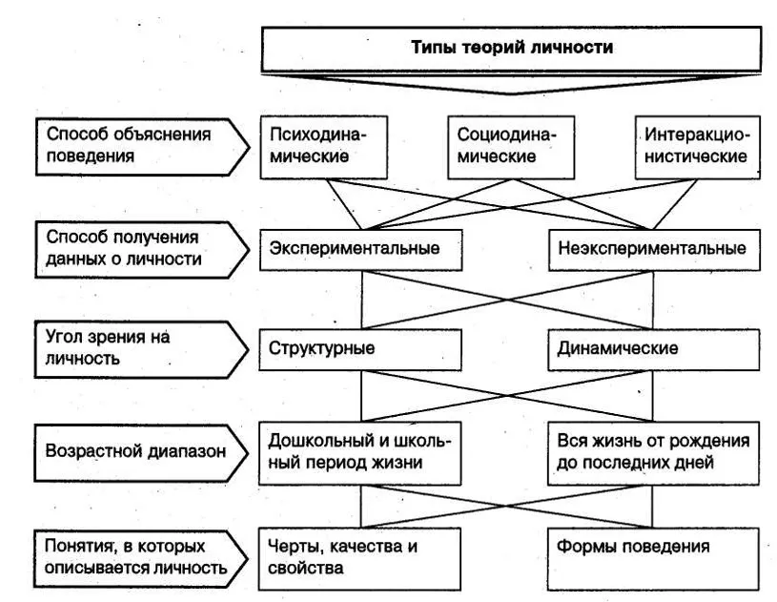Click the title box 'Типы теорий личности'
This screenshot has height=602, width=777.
click(511, 48)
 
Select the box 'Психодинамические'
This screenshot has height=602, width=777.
click(324, 147)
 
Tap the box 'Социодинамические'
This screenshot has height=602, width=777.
click(511, 147)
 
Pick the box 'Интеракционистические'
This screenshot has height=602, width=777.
click(698, 147)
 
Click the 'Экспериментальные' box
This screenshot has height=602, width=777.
click(361, 250)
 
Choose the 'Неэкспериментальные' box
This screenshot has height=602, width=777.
click(655, 250)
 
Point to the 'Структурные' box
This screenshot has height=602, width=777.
click(360, 349)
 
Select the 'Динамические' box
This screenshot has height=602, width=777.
click(654, 349)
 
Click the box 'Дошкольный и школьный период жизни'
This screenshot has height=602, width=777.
click(360, 453)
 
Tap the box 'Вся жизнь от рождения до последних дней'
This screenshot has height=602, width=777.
click(654, 453)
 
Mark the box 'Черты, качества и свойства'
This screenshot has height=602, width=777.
click(359, 559)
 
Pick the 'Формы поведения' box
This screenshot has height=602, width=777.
click(654, 559)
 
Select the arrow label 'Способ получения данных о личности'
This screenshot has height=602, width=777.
click(142, 249)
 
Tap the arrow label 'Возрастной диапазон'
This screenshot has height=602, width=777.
click(141, 453)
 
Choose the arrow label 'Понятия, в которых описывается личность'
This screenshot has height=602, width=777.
click(141, 559)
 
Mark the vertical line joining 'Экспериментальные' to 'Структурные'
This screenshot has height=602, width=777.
click(362, 300)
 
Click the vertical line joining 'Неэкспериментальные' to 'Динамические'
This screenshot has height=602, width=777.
click(653, 300)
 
